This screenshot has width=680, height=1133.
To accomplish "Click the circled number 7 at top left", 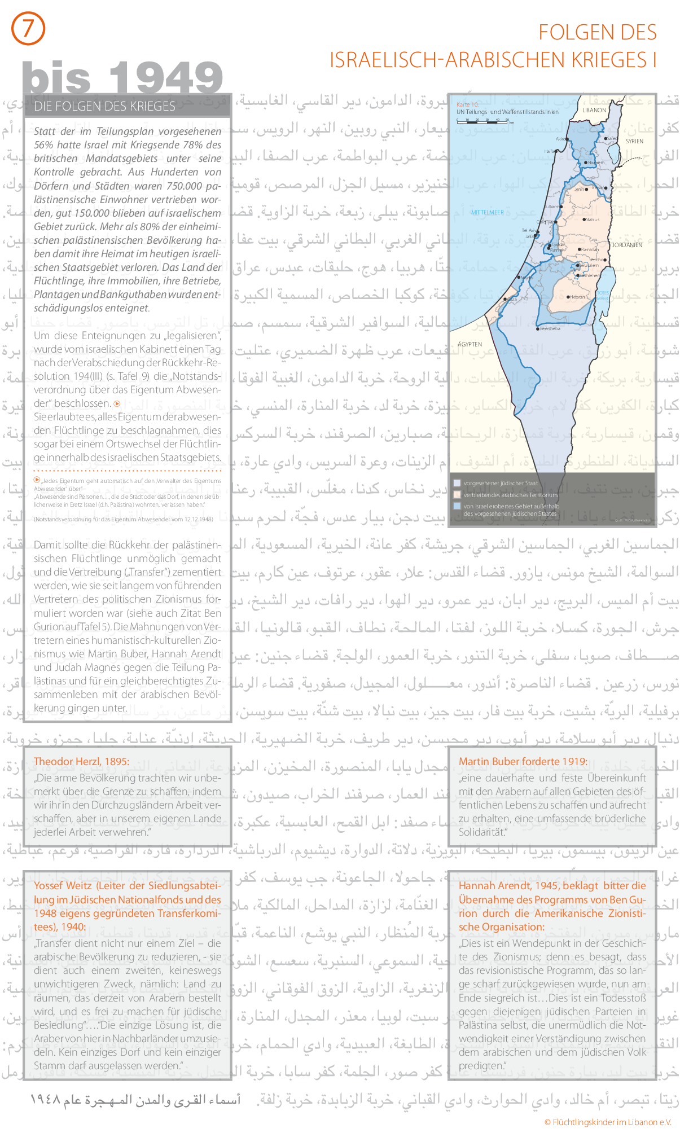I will point(28,29).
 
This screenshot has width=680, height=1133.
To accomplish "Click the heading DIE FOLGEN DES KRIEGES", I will point(104,106).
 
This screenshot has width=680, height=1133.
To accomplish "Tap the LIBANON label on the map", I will point(594,110).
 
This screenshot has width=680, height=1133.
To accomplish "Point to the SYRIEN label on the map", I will point(634,141).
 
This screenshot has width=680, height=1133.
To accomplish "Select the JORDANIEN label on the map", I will point(627,245).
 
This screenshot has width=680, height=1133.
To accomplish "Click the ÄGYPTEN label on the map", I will point(470,344).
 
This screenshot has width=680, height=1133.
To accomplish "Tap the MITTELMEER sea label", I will point(487,212).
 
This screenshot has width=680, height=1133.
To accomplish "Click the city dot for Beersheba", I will point(537,328).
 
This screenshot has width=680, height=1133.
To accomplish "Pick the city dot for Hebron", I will point(568,296).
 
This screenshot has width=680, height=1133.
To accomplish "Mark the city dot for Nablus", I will point(584,219).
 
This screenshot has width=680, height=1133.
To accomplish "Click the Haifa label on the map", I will point(549,151).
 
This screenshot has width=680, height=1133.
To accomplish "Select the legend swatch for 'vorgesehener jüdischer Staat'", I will point(457,483).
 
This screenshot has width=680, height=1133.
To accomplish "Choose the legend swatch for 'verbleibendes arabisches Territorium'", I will point(457,494).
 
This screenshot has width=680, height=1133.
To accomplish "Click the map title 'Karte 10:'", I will point(467,104).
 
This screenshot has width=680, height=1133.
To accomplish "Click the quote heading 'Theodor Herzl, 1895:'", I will point(81,761).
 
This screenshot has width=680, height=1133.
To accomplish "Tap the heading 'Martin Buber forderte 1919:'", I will point(523,761).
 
